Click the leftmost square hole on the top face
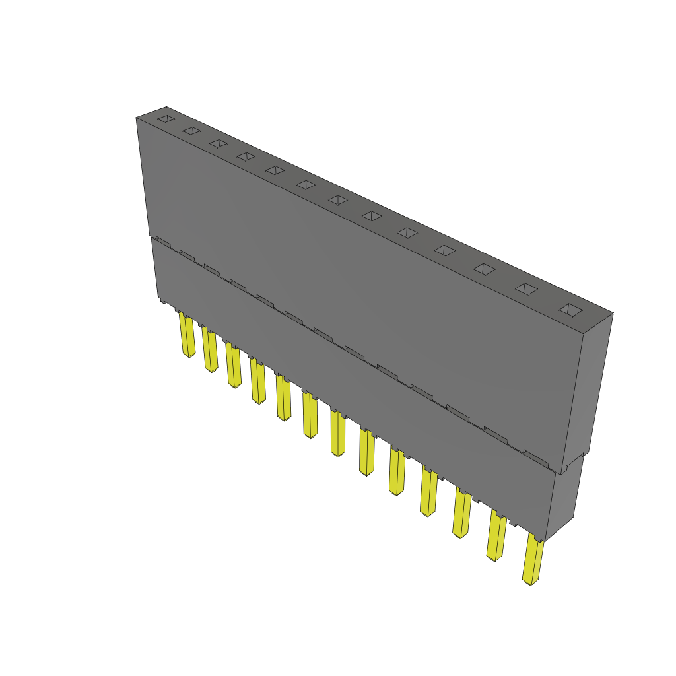[166, 119]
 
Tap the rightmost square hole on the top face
[570, 309]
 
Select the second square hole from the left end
[191, 131]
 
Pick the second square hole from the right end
[526, 288]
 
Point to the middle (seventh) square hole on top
[339, 200]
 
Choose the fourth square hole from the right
[445, 250]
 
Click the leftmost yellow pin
[187, 337]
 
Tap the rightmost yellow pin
[532, 561]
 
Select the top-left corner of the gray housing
[137, 118]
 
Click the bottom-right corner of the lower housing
[547, 540]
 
